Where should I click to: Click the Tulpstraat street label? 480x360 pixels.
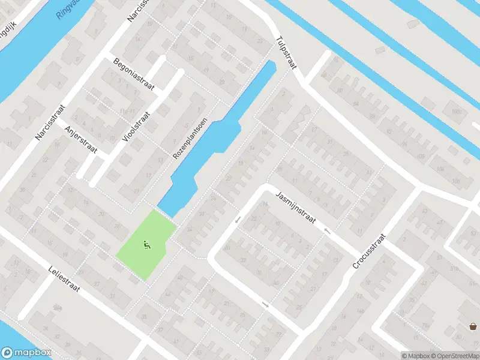pos(286,52)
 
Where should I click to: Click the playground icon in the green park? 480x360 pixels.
pos(146,244)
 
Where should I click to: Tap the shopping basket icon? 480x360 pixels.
pos(473,326)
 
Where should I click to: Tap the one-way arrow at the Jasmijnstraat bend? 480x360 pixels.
pos(238,220)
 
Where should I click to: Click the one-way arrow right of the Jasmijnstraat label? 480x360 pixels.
pos(327,231)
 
